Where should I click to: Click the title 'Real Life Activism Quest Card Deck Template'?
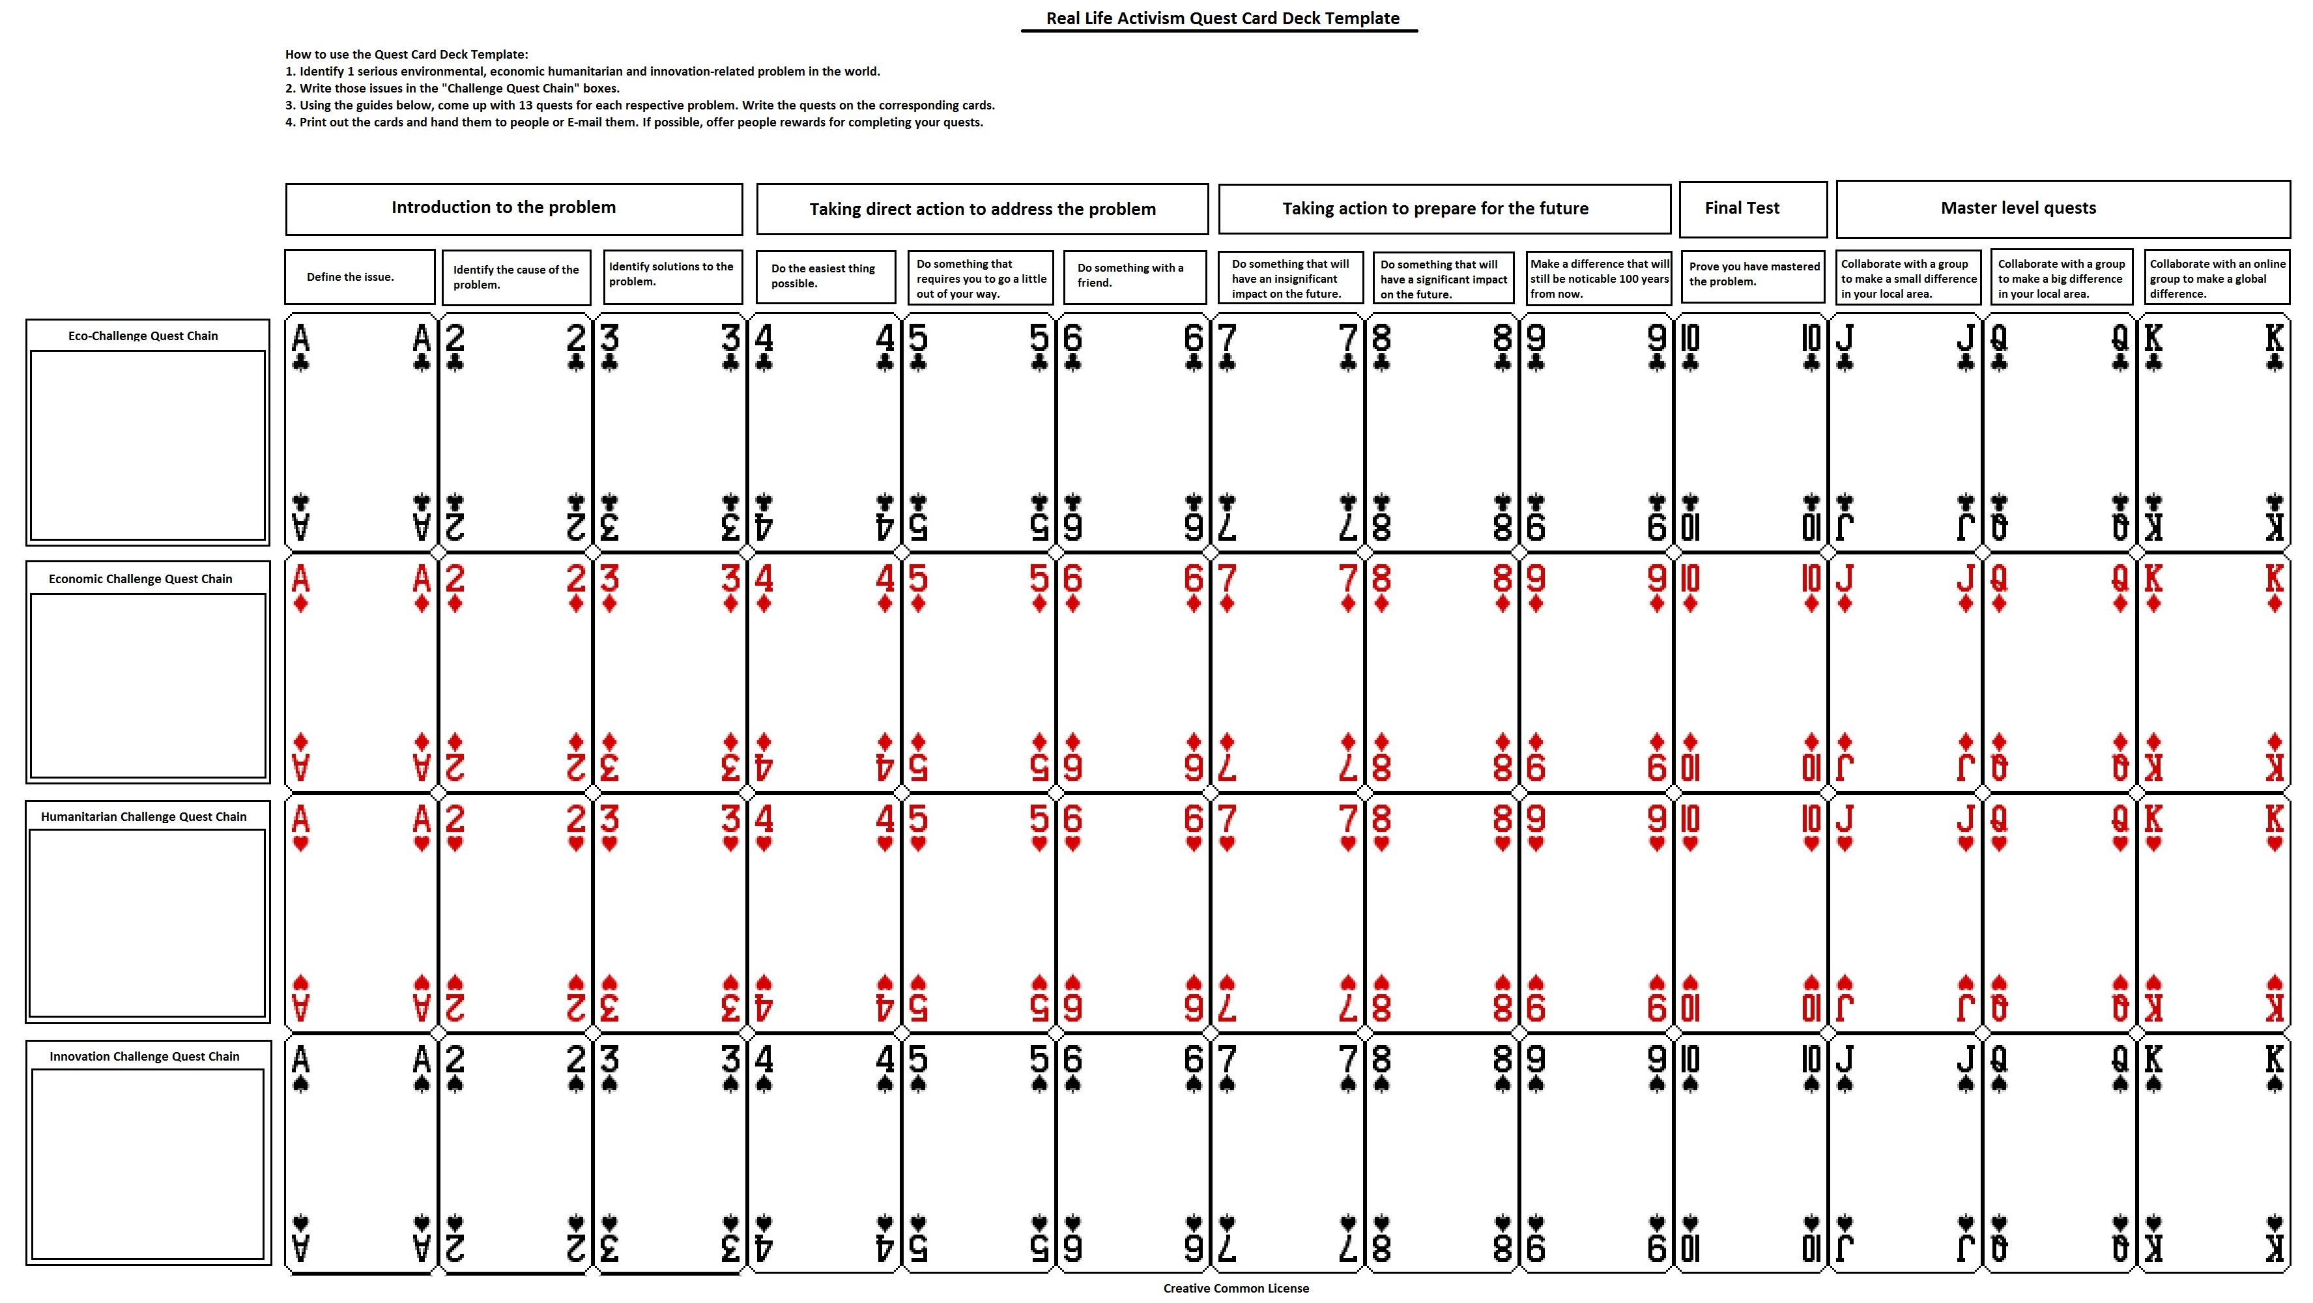[x=1222, y=19]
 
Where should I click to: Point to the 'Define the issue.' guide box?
[x=359, y=277]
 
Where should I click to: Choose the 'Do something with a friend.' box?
[x=1134, y=276]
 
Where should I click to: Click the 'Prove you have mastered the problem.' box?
[x=1752, y=275]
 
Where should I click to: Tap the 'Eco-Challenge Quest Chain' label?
[x=143, y=336]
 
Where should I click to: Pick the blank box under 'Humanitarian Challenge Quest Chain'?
[x=147, y=923]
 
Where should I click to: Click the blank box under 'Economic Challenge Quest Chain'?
[x=147, y=685]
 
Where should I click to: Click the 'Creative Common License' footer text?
[x=1235, y=1289]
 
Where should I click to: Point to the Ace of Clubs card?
[x=361, y=432]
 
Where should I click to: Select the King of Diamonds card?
[x=2213, y=672]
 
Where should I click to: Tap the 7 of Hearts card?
[x=1287, y=912]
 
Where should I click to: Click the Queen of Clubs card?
[x=2059, y=432]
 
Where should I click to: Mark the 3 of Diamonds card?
[x=670, y=672]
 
